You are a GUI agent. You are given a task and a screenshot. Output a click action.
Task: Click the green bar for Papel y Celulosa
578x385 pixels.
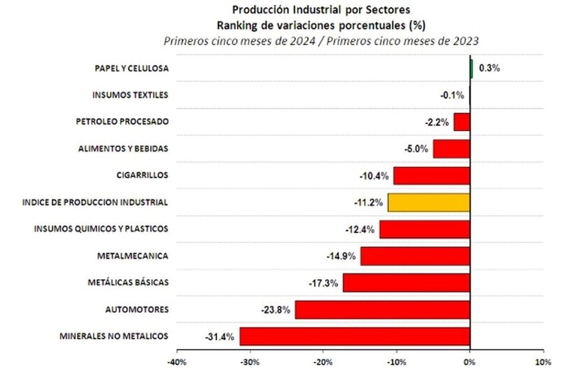pos(471,68)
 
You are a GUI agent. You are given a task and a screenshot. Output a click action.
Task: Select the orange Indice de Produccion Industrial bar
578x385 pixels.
pos(429,202)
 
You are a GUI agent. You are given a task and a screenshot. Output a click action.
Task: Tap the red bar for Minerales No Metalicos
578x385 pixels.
pos(355,336)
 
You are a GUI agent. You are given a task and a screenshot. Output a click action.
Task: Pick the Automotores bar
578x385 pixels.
pos(383,309)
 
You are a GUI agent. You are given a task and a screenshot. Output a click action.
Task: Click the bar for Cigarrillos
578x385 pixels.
pos(432,175)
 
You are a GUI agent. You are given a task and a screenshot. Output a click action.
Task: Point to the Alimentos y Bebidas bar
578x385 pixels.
pos(452,149)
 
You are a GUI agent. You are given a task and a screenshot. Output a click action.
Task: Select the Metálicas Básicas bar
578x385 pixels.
pos(407,283)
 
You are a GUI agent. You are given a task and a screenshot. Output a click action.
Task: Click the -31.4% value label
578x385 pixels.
pos(220,337)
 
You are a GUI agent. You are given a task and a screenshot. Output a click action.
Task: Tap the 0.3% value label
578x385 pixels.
pos(489,68)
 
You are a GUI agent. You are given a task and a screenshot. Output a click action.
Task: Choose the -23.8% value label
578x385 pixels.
pos(275,309)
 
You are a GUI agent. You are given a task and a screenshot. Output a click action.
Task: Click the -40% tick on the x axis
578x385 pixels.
pos(176,363)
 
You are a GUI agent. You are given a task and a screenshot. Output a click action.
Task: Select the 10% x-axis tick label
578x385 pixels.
pos(543,363)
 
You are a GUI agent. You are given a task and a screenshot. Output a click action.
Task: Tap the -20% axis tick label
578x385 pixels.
pos(323,363)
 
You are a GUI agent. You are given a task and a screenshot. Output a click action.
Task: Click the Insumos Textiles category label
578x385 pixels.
pos(130,95)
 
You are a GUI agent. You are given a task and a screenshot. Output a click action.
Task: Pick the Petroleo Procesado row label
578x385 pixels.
pos(122,121)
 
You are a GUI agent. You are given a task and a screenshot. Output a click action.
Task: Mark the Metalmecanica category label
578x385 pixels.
pos(132,256)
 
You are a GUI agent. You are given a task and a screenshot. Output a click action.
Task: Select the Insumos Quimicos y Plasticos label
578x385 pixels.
pos(101,229)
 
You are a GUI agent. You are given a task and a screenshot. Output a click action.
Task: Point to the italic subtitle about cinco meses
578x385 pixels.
pos(322,40)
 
